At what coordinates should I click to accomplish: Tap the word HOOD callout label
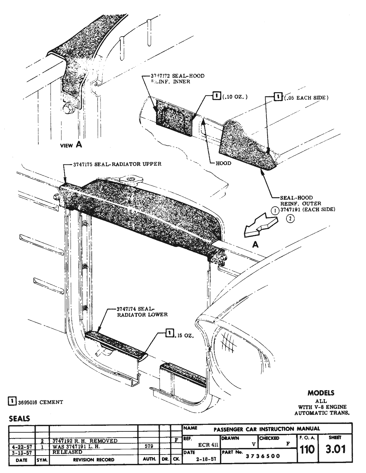(223, 163)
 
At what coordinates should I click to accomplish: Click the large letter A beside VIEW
(79, 144)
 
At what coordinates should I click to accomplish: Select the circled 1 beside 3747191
(275, 210)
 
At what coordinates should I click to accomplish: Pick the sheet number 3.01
(335, 450)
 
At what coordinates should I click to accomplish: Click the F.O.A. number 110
(307, 450)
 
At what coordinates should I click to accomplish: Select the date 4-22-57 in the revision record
(21, 446)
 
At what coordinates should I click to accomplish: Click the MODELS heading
(321, 393)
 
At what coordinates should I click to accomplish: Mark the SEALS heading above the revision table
(19, 418)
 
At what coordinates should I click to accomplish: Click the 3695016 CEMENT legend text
(40, 402)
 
